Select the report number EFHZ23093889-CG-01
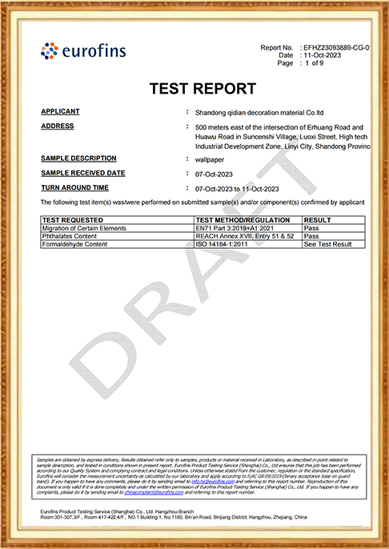[336, 48]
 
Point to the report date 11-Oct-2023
[321, 56]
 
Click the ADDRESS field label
[58, 126]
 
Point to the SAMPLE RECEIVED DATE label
[83, 173]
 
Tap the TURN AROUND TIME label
[74, 187]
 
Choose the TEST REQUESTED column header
[73, 219]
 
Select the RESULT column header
[318, 219]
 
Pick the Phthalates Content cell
[70, 236]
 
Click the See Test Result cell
[328, 244]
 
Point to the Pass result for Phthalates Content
[311, 236]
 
